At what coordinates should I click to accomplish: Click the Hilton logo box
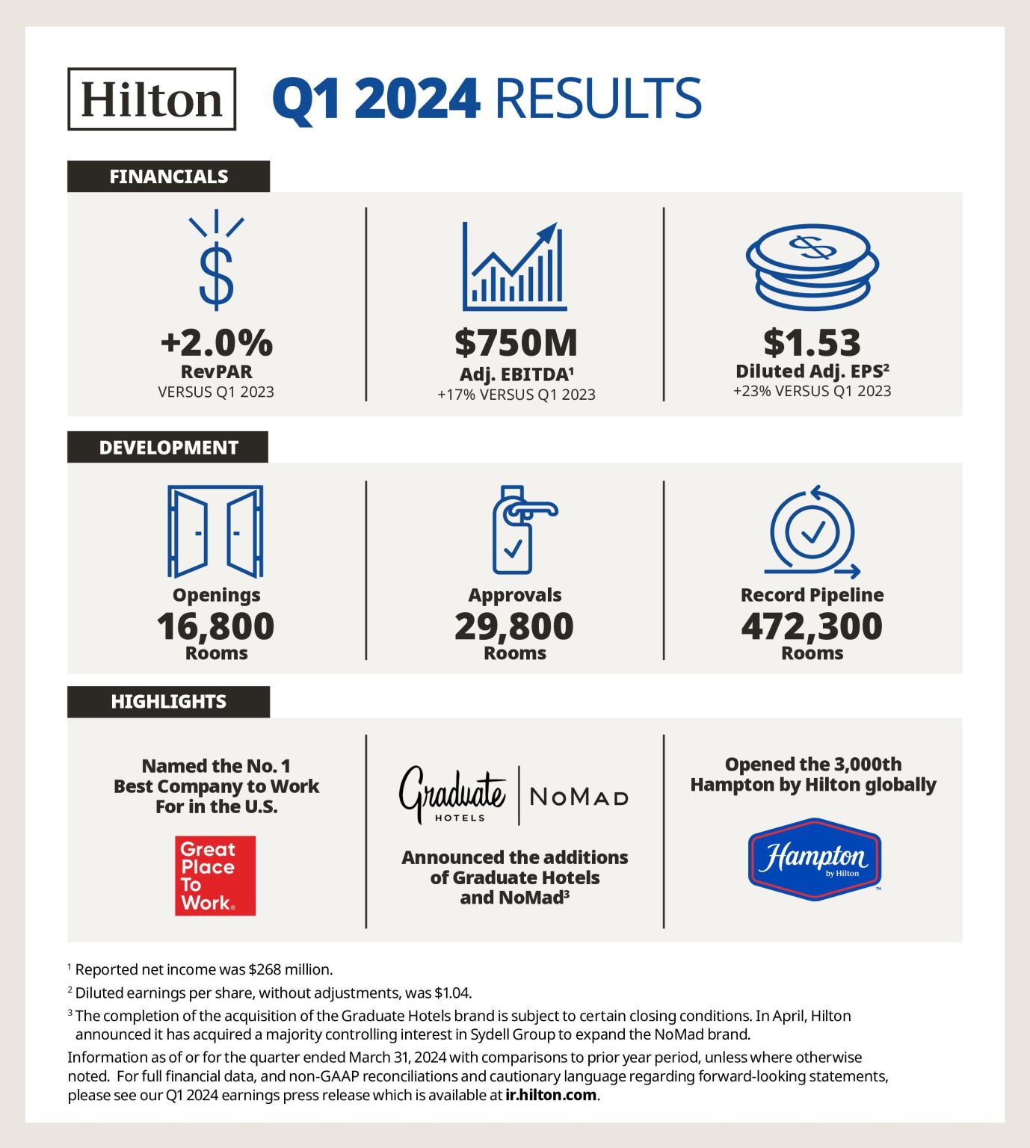152,99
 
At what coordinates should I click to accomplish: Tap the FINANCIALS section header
168,176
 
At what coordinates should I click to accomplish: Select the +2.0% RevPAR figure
216,342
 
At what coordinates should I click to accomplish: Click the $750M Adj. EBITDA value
516,342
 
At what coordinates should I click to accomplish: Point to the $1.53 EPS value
812,342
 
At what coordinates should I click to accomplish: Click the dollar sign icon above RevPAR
216,262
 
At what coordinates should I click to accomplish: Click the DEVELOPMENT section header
168,447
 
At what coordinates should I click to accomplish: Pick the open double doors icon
215,531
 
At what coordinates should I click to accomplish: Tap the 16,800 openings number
215,626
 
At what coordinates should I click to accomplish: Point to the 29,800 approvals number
514,626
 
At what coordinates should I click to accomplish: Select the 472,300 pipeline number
812,626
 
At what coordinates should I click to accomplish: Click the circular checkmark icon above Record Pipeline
812,531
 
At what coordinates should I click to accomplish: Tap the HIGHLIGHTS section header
168,702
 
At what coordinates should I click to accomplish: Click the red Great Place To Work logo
215,875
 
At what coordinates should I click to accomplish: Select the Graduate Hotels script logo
453,794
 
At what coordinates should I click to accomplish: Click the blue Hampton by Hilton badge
814,859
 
